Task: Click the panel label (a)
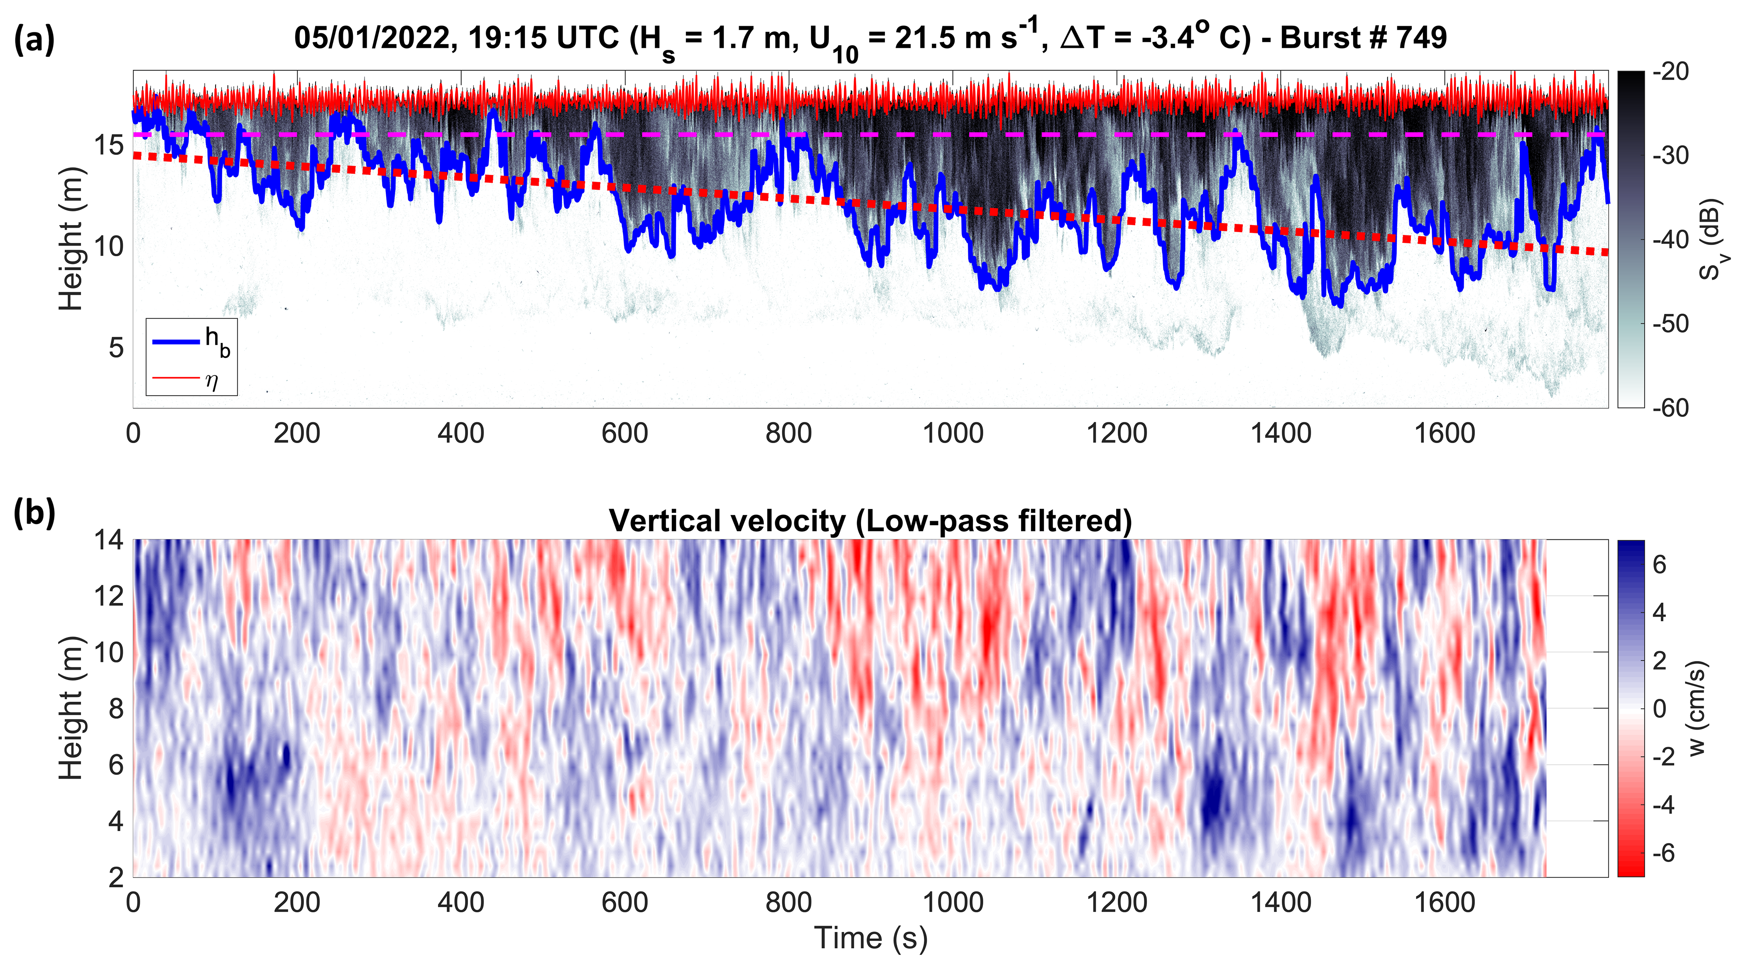click(x=34, y=39)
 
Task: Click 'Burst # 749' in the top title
click(x=1362, y=38)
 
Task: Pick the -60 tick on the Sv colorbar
click(x=1671, y=407)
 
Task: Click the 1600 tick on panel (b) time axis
click(x=1445, y=902)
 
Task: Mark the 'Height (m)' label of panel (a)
click(x=71, y=239)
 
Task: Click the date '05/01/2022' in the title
click(x=373, y=38)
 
